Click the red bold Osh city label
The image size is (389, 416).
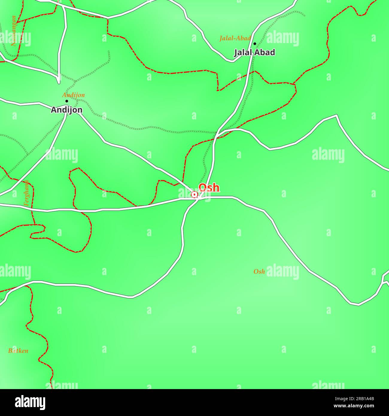tap(209, 188)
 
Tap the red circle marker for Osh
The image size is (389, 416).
tap(194, 195)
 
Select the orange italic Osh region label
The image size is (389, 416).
tap(259, 271)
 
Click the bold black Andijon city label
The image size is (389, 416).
tap(66, 110)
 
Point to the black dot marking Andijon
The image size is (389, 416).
tap(67, 101)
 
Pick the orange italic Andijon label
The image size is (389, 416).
tap(73, 95)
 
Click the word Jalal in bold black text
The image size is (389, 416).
tap(243, 52)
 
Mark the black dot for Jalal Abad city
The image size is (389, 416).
tap(255, 44)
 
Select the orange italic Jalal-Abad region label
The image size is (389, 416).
tap(235, 38)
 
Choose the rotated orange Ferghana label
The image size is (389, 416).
tap(26, 193)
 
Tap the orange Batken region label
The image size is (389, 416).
tap(18, 351)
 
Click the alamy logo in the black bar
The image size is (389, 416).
tap(30, 402)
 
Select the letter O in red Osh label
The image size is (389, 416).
tap(203, 188)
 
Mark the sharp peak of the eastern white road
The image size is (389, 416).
tap(337, 115)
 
